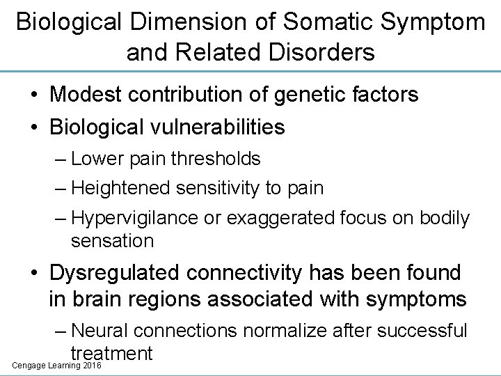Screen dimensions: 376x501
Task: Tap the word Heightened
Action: [x=122, y=187]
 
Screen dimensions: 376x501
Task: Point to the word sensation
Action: [x=112, y=241]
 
